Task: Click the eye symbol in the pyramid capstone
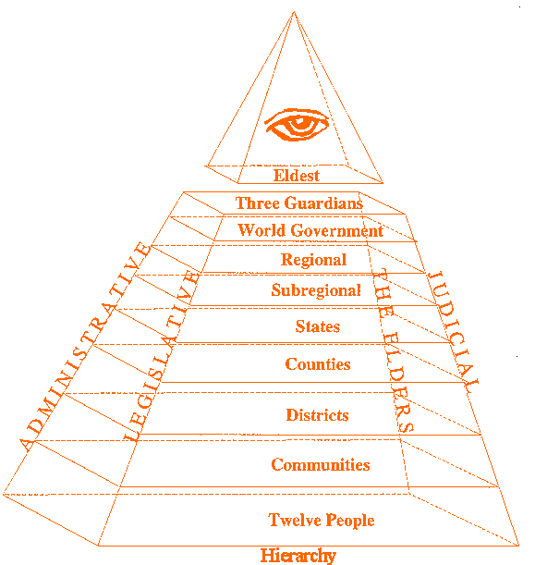297,124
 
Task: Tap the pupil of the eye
298,121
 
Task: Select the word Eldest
297,176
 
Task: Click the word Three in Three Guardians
258,203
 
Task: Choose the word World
261,230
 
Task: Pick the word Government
337,230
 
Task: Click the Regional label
313,260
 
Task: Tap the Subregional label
316,290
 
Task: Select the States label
318,326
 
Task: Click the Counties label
318,364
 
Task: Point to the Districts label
317,415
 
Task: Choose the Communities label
321,464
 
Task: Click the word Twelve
295,520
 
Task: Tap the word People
350,521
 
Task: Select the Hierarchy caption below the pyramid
298,555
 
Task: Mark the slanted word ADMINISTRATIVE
85,347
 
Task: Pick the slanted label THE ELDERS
393,350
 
